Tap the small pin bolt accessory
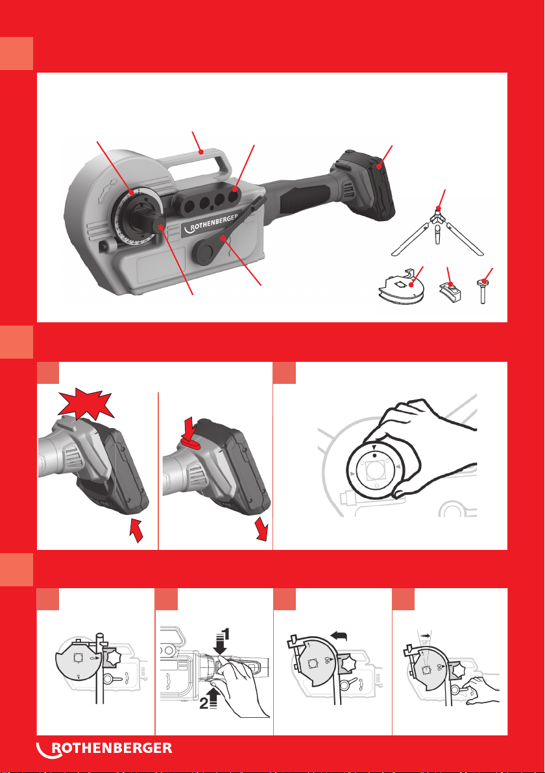(482, 291)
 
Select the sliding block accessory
(450, 291)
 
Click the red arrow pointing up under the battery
(135, 530)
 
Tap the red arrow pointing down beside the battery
(261, 529)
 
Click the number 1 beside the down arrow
(226, 634)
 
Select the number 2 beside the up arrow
(204, 704)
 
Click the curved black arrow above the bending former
(339, 637)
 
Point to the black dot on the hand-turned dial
(374, 455)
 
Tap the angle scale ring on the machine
(129, 217)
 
